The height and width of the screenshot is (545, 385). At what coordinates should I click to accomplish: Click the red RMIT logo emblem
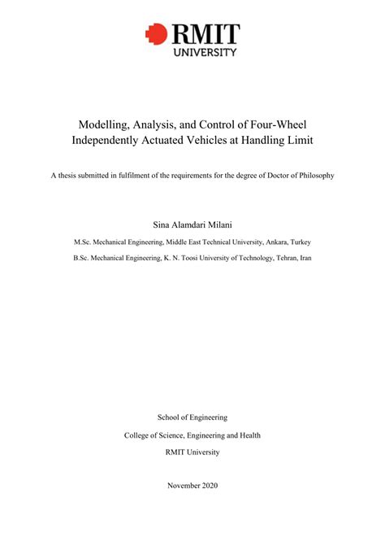[x=154, y=33]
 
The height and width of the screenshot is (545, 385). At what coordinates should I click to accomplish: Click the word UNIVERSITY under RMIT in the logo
[x=204, y=51]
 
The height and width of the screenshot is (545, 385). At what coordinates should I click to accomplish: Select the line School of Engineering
[x=192, y=417]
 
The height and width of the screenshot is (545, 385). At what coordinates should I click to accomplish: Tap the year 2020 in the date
[x=208, y=486]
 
